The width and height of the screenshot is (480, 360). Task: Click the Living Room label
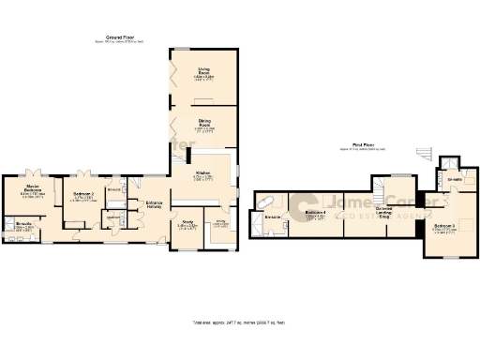click(x=203, y=68)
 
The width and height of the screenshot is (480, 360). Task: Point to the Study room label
click(x=187, y=223)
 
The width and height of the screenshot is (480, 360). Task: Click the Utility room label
click(x=221, y=222)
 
